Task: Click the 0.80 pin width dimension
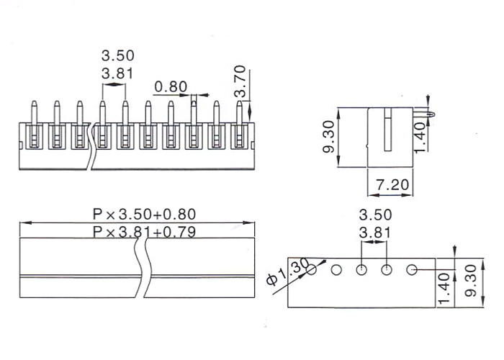click(x=171, y=87)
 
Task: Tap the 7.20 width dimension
click(x=392, y=185)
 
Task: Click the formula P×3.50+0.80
click(x=144, y=215)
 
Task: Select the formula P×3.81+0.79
click(x=144, y=232)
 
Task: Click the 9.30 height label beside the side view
click(x=328, y=137)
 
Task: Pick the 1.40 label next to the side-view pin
click(x=420, y=138)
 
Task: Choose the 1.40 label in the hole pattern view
click(x=444, y=289)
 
